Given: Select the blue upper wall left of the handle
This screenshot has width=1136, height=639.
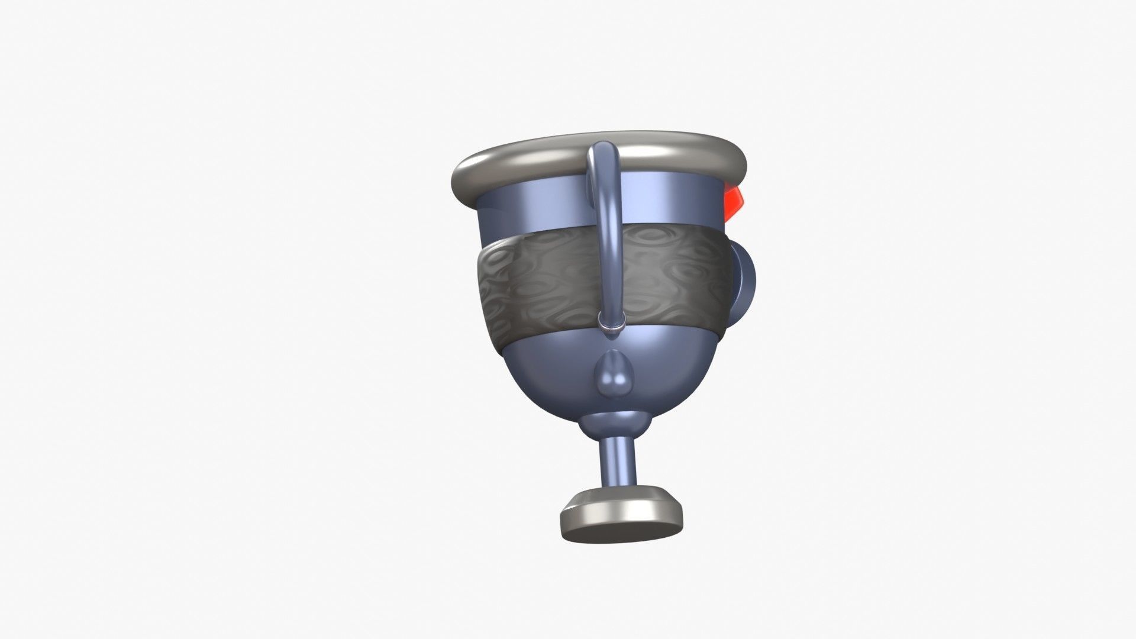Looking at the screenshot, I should (x=532, y=210).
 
